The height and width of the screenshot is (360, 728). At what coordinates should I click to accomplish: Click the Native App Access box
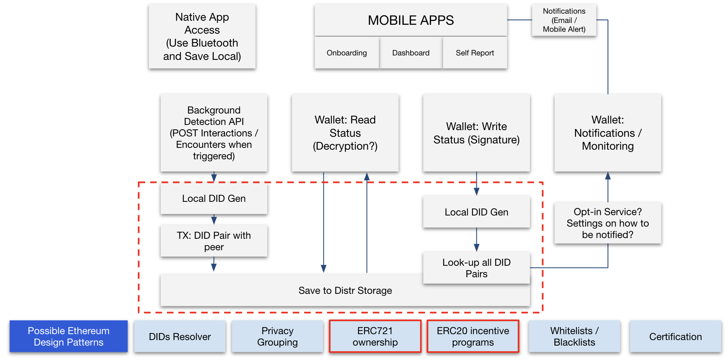(x=202, y=36)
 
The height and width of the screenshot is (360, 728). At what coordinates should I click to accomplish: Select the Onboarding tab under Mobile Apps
(x=347, y=53)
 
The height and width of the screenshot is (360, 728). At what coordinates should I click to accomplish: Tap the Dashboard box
(x=411, y=53)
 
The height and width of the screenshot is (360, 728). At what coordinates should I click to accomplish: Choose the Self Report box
(x=475, y=53)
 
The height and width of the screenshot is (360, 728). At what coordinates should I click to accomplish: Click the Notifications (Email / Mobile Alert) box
(x=564, y=20)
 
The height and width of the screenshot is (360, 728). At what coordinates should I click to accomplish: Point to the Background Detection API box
(x=214, y=133)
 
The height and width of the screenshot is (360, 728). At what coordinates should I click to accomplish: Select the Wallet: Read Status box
(x=345, y=133)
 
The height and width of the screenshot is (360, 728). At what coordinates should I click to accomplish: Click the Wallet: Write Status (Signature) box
(x=476, y=133)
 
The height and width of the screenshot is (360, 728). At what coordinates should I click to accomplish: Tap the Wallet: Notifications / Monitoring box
(x=608, y=133)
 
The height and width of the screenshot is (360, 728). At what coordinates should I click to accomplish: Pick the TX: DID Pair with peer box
(x=214, y=241)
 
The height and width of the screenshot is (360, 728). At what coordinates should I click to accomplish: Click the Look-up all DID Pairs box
(x=476, y=268)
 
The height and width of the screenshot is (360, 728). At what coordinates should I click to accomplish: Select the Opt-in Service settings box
(x=608, y=223)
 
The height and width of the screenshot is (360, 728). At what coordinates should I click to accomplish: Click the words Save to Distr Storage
(x=345, y=291)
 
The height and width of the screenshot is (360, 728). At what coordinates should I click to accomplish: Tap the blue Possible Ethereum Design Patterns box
(x=69, y=336)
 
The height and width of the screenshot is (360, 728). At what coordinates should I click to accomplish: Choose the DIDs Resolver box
(x=180, y=336)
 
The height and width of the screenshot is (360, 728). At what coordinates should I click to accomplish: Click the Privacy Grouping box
(x=278, y=336)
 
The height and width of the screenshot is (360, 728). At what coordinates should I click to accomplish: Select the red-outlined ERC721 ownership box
(x=375, y=336)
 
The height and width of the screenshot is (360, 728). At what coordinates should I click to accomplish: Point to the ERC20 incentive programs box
(x=473, y=336)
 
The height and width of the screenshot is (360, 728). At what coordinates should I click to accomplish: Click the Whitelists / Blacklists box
(x=574, y=336)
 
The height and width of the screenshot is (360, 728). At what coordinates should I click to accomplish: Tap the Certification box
(x=676, y=336)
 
